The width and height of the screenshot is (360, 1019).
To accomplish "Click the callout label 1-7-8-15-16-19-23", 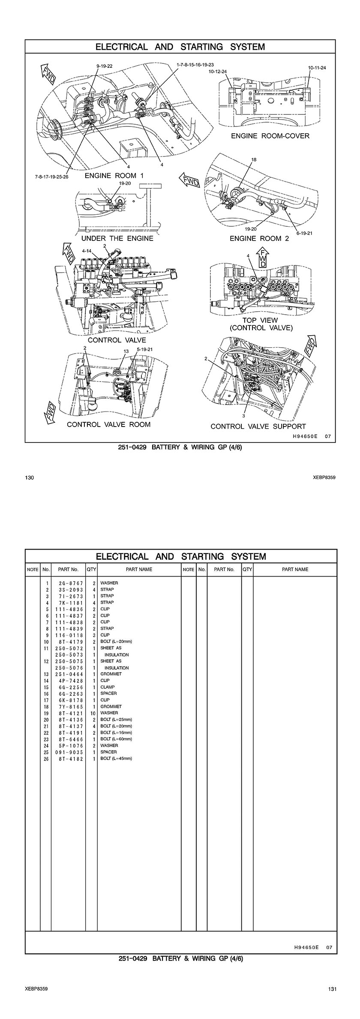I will [x=195, y=64].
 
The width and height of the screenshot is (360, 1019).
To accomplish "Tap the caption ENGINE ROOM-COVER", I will [x=270, y=136].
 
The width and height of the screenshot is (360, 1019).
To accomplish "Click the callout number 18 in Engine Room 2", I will [x=254, y=159].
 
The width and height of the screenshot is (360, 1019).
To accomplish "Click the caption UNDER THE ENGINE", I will [x=117, y=238].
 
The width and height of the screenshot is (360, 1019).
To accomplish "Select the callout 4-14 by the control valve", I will [x=87, y=252].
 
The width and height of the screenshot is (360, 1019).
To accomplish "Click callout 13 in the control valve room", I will [x=126, y=351].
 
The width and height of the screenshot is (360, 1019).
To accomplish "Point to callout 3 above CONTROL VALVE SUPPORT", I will [x=243, y=415].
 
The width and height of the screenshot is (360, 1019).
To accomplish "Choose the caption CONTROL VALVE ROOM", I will [x=109, y=424].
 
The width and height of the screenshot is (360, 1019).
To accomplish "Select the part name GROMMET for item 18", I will [x=111, y=706].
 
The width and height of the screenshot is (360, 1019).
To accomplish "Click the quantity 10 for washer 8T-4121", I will [x=92, y=713].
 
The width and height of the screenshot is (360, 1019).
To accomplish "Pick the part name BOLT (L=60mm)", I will [x=116, y=739].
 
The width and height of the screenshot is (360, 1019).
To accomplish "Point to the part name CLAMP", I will [x=108, y=687].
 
